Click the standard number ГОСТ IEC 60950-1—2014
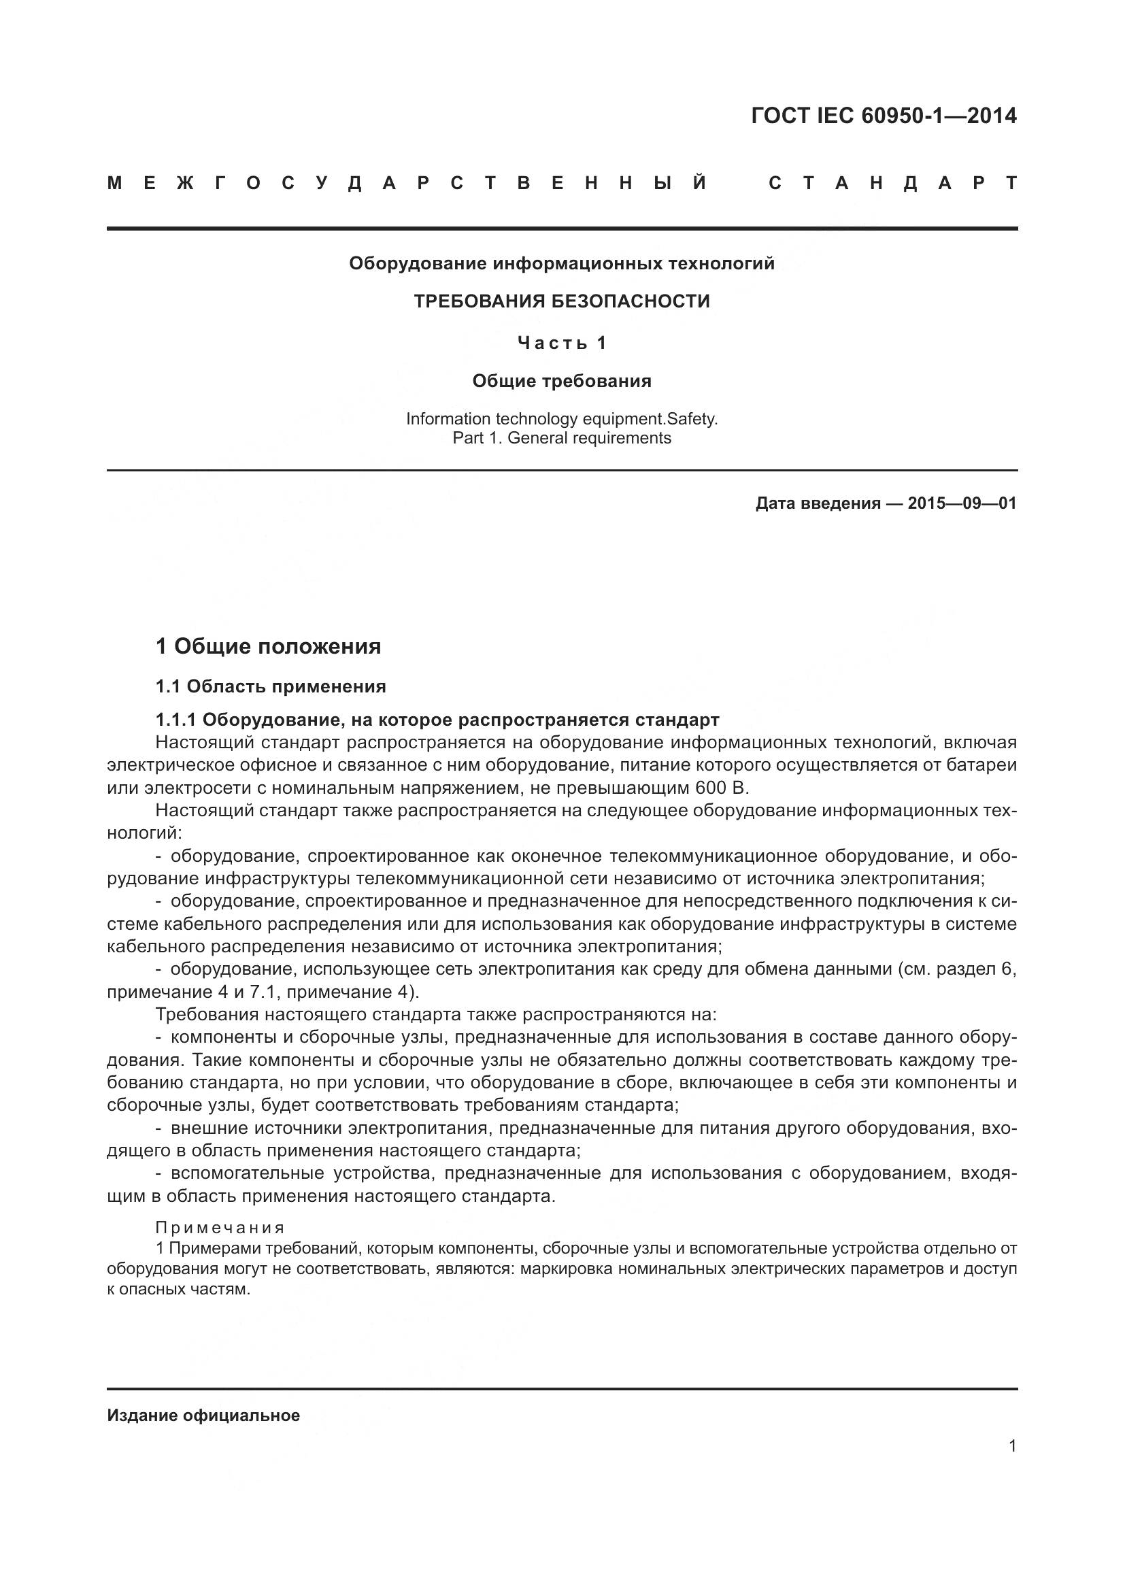point(884,116)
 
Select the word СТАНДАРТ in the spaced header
point(893,184)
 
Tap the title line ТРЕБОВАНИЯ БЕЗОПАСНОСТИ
point(562,301)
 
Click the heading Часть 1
point(562,343)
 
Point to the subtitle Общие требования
point(562,381)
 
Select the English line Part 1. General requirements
point(562,438)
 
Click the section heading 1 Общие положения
point(268,646)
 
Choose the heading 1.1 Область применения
point(270,687)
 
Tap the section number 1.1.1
point(176,720)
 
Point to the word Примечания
point(220,1228)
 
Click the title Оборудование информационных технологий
point(562,263)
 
